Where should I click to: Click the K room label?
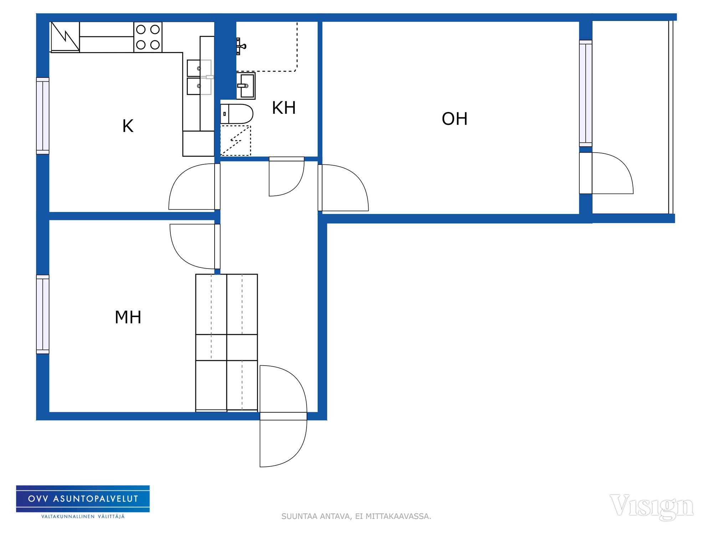point(128,126)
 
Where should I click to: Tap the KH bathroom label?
point(284,108)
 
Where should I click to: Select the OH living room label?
point(455,119)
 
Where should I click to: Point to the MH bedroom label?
point(128,317)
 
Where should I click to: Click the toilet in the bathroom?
point(237,114)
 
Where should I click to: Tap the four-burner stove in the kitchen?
point(148,37)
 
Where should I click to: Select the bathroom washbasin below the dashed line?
point(246,86)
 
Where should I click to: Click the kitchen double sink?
point(199,77)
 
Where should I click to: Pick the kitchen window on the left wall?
point(43,116)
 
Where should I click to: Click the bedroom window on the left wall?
point(43,314)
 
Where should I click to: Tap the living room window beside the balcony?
point(586,93)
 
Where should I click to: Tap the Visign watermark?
point(652,506)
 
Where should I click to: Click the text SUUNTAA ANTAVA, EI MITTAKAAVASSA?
point(356,516)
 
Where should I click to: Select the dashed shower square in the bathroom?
point(236,141)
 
